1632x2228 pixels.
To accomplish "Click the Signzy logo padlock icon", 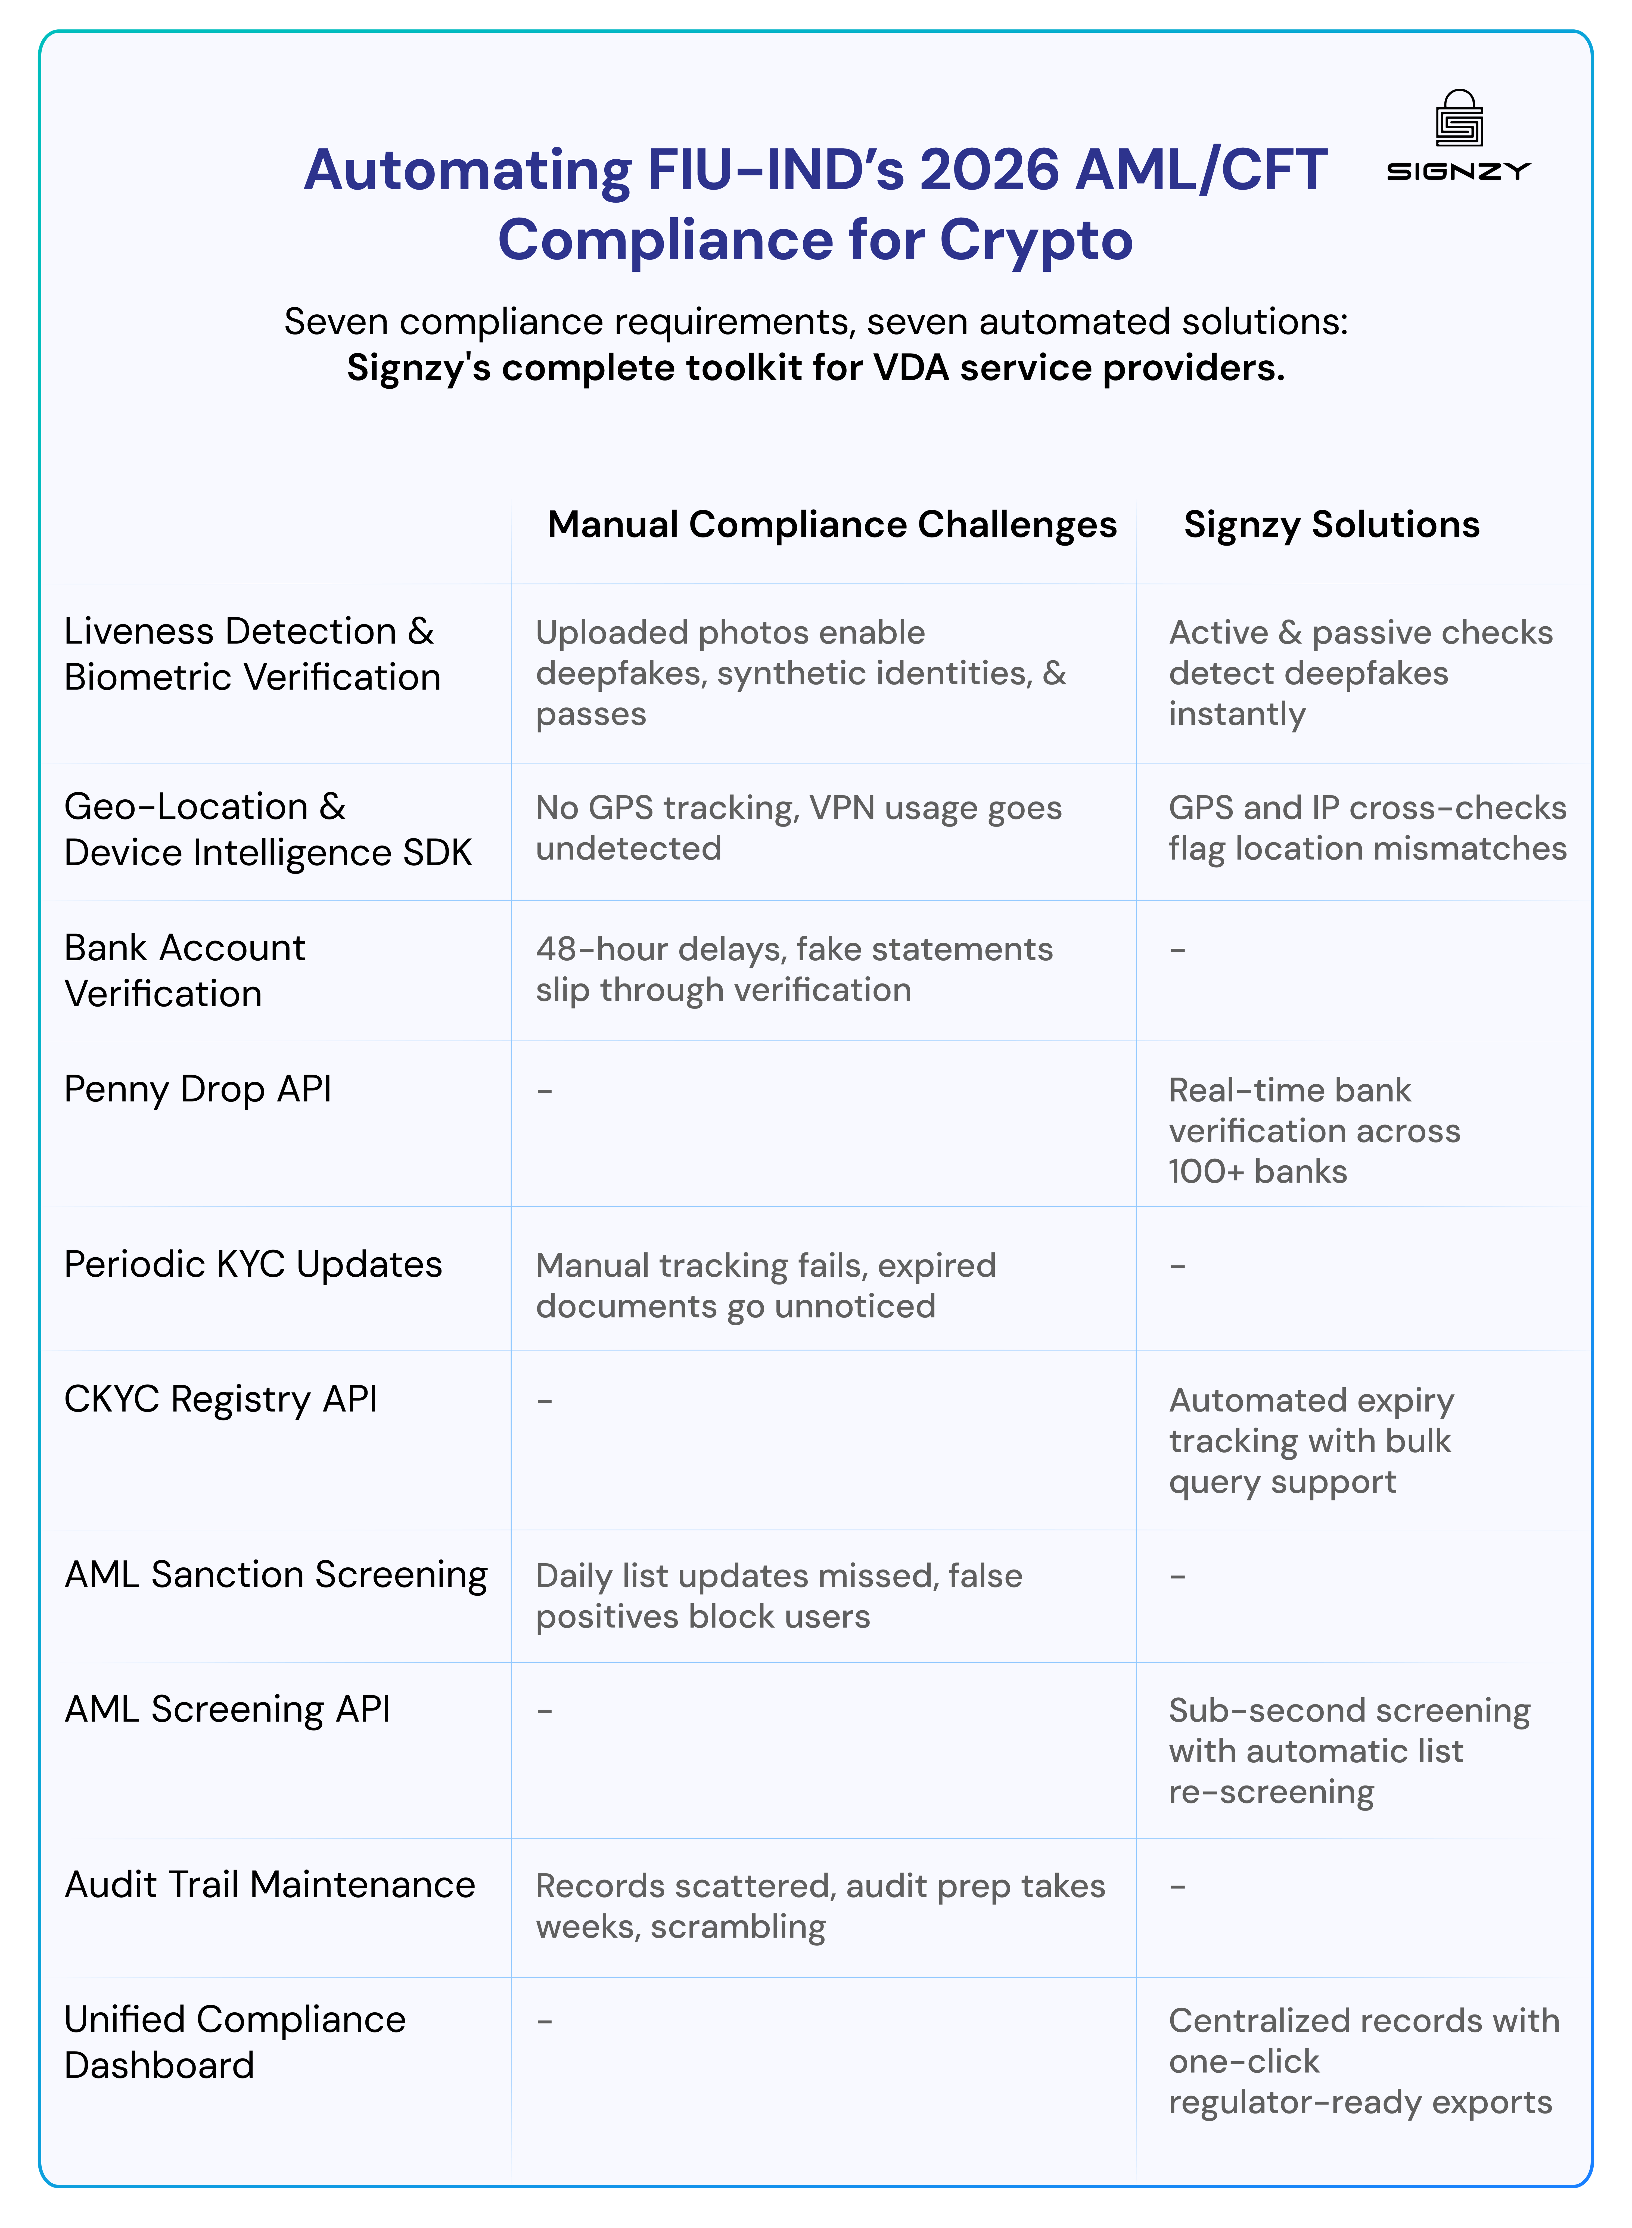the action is (1459, 120).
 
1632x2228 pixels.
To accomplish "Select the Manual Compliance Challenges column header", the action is (832, 525).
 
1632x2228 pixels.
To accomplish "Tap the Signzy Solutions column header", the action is (1332, 525).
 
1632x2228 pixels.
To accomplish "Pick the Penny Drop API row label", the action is (198, 1089).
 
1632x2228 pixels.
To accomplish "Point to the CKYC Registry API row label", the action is (220, 1399).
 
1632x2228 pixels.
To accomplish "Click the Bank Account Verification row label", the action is (185, 970).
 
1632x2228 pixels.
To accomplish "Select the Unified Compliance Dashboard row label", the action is (234, 2042).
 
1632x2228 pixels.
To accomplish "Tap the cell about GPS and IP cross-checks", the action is (1367, 828).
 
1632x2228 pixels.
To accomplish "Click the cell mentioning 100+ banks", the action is (1314, 1130).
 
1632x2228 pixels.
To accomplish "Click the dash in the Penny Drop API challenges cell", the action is (544, 1091).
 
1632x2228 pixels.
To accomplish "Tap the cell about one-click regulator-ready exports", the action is (1363, 2061).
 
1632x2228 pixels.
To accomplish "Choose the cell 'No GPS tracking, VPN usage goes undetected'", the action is (798, 828).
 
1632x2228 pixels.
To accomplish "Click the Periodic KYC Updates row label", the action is (253, 1265).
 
